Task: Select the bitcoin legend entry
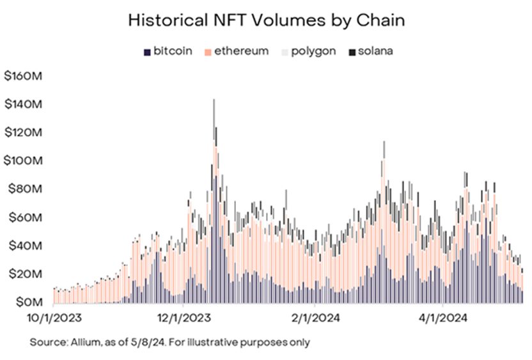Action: (168, 51)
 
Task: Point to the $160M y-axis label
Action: (24, 76)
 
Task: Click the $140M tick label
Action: (24, 104)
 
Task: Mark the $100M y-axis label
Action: (24, 160)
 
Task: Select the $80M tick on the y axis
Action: (26, 189)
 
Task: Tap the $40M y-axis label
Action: (26, 245)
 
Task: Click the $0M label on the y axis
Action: (27, 301)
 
